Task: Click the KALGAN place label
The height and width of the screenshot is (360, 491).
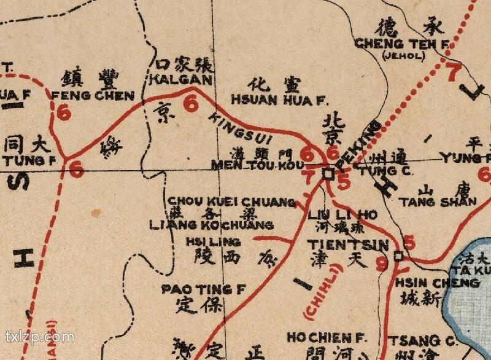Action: tap(180, 80)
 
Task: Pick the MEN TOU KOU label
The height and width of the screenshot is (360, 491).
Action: tap(257, 165)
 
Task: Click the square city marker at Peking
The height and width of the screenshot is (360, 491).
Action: tap(328, 174)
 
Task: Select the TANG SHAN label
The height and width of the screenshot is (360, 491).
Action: tap(438, 202)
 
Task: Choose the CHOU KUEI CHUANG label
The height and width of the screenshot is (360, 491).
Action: tap(232, 202)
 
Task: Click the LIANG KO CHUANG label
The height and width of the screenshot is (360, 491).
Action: tap(211, 225)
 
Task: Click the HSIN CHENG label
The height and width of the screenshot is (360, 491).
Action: tap(437, 283)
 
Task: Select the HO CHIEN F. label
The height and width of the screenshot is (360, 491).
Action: tap(327, 338)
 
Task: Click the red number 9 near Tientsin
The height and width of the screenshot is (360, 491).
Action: tap(382, 265)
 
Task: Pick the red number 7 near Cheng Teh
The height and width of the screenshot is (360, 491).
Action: tap(452, 72)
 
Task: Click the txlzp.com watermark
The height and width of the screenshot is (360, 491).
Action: tap(39, 337)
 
